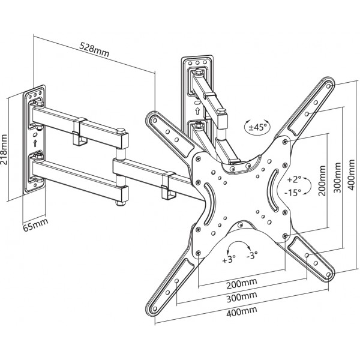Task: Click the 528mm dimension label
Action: (x=94, y=50)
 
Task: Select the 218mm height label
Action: (x=4, y=149)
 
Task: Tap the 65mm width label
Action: (x=35, y=225)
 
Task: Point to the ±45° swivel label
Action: (x=258, y=127)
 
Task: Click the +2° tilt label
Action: (x=293, y=179)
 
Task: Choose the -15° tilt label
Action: (x=293, y=193)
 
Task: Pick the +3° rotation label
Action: (x=229, y=259)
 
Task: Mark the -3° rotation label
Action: (x=252, y=255)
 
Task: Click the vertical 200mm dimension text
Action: (x=322, y=181)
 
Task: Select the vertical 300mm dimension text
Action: (x=337, y=178)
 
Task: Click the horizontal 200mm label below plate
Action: (x=242, y=284)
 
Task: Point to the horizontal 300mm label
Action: (x=242, y=298)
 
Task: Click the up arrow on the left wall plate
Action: (x=35, y=143)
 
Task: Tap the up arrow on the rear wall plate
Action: (x=197, y=111)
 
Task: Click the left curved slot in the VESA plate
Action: (x=209, y=204)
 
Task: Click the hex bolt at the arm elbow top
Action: (x=121, y=131)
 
